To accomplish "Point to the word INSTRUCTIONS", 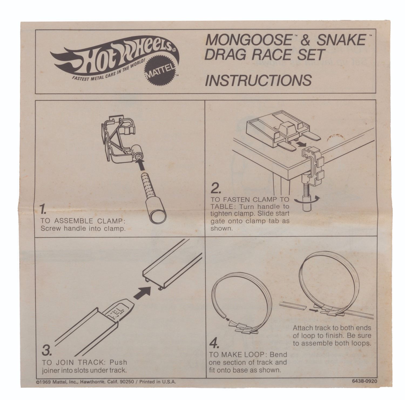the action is point(258,80).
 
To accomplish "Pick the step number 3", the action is point(47,351).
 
